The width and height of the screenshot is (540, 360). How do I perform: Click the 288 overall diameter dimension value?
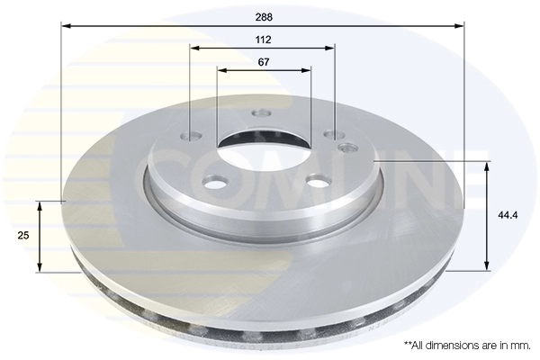(263, 16)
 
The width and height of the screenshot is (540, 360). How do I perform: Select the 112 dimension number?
(263, 40)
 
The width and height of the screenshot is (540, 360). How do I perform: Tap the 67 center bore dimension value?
(263, 62)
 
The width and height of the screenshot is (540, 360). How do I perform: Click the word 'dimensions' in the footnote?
(456, 346)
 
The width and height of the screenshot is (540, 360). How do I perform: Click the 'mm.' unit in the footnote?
(520, 346)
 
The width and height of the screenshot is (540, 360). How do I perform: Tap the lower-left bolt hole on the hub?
(216, 183)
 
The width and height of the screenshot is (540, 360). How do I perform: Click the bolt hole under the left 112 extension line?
(191, 137)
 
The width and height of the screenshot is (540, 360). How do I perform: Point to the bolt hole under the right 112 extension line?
(335, 135)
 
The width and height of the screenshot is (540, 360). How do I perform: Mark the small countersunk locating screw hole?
(347, 147)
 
